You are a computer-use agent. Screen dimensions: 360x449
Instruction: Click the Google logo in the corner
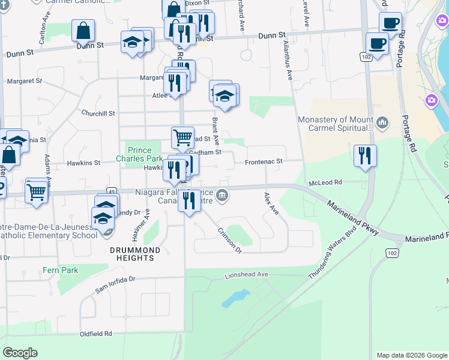point(20,352)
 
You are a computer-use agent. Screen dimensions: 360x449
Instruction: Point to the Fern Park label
point(60,271)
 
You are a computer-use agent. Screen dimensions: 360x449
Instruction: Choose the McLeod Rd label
point(324,182)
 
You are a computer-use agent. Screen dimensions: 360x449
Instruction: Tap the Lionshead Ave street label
point(246,274)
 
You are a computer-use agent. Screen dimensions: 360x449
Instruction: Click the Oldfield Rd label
point(96,334)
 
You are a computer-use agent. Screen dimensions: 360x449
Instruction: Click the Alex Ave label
point(272,203)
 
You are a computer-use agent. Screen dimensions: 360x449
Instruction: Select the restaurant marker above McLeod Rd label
point(364,156)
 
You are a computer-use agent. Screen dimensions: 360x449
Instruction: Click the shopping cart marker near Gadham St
point(182,137)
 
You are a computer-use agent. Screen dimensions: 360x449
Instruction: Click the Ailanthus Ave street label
point(288,65)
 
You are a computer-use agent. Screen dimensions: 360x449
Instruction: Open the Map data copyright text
point(411,355)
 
